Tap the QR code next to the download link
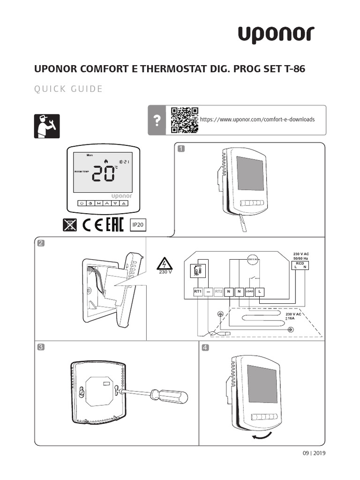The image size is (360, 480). click(x=184, y=120)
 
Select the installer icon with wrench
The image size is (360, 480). click(x=47, y=125)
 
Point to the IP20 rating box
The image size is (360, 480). click(x=138, y=225)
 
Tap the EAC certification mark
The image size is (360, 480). click(x=114, y=225)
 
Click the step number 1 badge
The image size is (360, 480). click(x=181, y=149)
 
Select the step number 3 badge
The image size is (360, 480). click(x=41, y=347)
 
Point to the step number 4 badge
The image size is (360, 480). click(x=205, y=348)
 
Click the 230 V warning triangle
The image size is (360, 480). click(x=165, y=265)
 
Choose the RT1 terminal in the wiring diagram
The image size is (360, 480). click(x=197, y=292)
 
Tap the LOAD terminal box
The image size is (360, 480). click(x=249, y=292)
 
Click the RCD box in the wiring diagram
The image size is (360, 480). click(x=300, y=266)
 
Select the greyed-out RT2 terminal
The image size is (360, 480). click(x=218, y=292)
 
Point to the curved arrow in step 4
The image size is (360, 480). click(x=261, y=435)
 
